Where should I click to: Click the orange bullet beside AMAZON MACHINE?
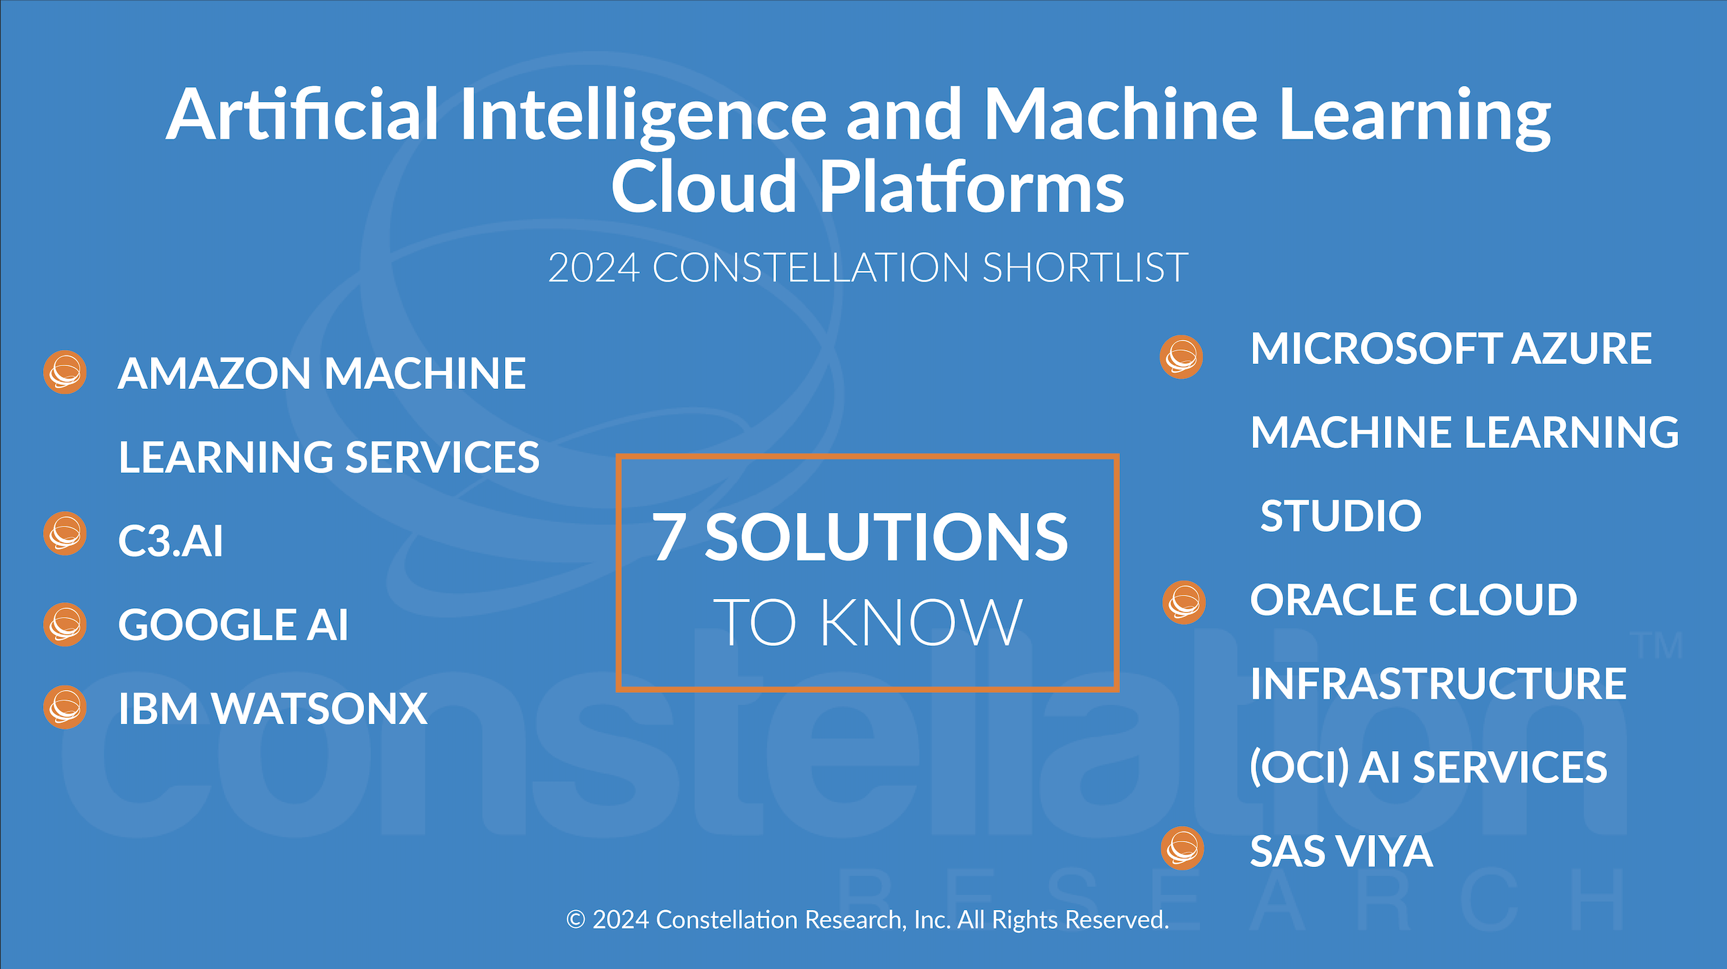(x=65, y=372)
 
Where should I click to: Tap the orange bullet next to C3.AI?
(x=65, y=534)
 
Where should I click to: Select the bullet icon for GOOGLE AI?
(x=65, y=625)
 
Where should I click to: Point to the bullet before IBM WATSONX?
(x=65, y=707)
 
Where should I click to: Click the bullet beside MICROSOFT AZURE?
(x=1181, y=357)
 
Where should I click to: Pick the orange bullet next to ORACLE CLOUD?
(x=1184, y=602)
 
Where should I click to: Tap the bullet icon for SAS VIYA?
(x=1182, y=848)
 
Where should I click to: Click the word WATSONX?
(x=320, y=709)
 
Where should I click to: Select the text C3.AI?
(x=170, y=541)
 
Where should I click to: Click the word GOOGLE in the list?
(x=207, y=625)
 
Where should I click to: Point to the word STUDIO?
(x=1341, y=516)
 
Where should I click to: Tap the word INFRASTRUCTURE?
(x=1439, y=683)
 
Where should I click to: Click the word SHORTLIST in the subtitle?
(x=1085, y=268)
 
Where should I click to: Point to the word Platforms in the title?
(x=972, y=187)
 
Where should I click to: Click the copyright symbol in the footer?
(x=575, y=919)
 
